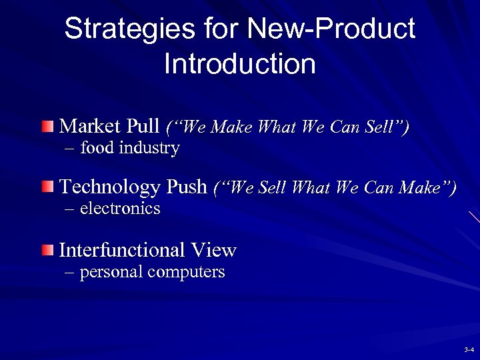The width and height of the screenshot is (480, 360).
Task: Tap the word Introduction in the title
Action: tap(239, 64)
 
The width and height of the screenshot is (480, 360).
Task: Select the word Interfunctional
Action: tap(112, 250)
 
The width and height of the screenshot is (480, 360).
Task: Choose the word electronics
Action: tap(120, 209)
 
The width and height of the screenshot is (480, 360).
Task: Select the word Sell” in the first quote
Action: tap(388, 126)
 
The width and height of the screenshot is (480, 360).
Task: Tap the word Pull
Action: tap(143, 125)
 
